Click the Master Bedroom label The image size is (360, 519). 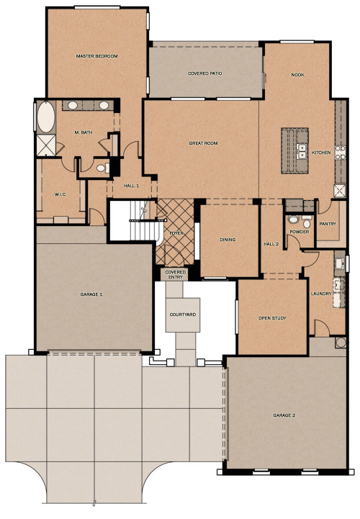coord(97,55)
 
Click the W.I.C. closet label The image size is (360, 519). coord(60,194)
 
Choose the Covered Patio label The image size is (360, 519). coord(204,73)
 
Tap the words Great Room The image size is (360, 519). coord(203,143)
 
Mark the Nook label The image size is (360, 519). coord(297,74)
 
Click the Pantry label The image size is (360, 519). coord(328,224)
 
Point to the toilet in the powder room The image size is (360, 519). coord(293,221)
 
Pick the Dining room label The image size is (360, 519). coord(228,240)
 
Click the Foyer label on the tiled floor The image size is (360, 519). coord(176,234)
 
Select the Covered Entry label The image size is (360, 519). coord(176,274)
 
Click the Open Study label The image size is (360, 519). coord(272,318)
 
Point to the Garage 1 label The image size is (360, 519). coord(91,294)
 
